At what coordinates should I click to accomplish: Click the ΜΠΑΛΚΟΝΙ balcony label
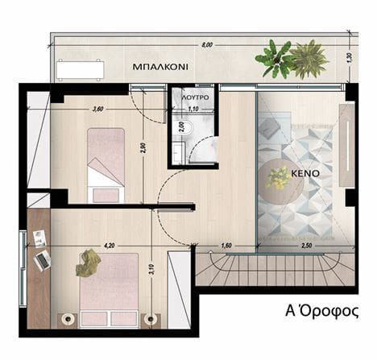click(160, 67)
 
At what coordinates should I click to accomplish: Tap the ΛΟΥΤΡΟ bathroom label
click(195, 97)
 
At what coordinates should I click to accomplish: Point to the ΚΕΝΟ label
click(305, 173)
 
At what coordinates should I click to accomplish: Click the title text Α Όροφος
click(322, 311)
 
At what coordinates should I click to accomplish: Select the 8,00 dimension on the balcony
click(207, 45)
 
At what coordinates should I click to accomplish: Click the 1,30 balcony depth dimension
click(350, 58)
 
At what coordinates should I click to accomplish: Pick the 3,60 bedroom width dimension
click(97, 109)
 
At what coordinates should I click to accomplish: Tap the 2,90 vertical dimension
click(143, 148)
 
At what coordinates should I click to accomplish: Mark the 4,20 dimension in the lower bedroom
click(110, 245)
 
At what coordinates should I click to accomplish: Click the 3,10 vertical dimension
click(151, 270)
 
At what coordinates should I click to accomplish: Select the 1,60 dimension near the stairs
click(226, 246)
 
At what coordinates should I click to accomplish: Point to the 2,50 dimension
click(306, 246)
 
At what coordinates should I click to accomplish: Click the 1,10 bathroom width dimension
click(193, 109)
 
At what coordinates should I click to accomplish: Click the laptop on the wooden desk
click(43, 260)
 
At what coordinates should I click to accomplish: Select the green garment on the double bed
click(88, 263)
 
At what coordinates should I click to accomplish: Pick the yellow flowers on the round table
click(278, 178)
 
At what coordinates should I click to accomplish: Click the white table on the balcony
click(80, 70)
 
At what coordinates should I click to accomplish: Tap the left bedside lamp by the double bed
click(68, 319)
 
